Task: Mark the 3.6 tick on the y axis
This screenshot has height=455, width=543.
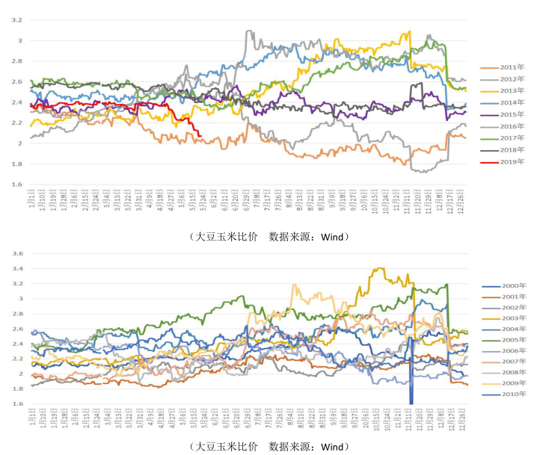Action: tap(18, 253)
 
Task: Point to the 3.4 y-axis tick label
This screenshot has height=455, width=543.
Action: tap(18, 268)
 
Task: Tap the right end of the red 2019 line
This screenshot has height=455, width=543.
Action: tap(200, 135)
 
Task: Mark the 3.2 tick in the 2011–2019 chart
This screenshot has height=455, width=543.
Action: tap(18, 20)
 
